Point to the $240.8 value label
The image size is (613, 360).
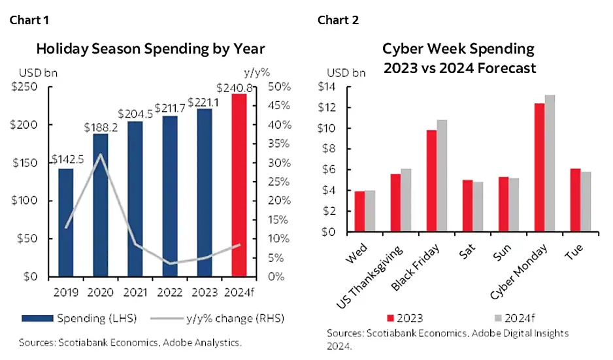[x=239, y=87]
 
